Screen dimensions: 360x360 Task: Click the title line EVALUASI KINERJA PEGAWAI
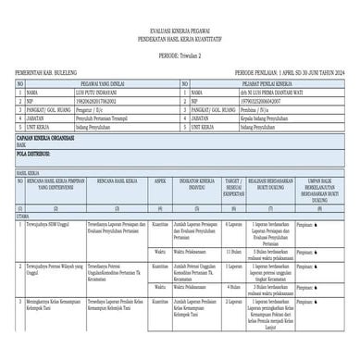(180, 31)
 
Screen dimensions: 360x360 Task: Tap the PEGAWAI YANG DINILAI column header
(102, 83)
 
